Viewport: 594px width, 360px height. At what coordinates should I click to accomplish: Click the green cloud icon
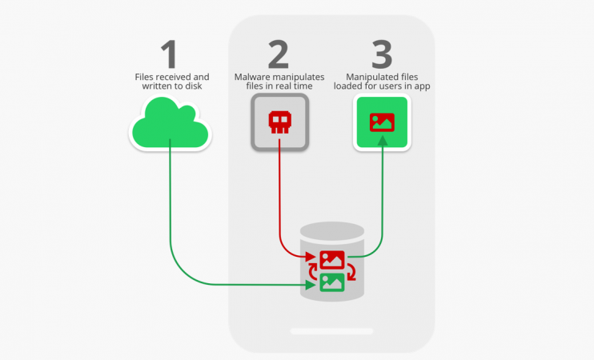[x=170, y=125]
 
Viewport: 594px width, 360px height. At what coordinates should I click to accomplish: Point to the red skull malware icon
[x=279, y=122]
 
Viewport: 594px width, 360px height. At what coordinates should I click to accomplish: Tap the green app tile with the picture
[x=382, y=122]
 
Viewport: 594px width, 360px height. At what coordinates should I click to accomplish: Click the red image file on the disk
[x=331, y=259]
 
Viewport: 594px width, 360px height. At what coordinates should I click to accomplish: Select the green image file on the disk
[x=331, y=282]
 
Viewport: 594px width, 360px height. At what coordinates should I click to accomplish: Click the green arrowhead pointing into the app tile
[x=382, y=141]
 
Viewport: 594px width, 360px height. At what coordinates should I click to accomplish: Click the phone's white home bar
[x=331, y=330]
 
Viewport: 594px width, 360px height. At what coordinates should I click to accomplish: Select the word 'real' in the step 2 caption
[x=291, y=86]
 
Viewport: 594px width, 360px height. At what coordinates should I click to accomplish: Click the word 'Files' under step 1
[x=145, y=76]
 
